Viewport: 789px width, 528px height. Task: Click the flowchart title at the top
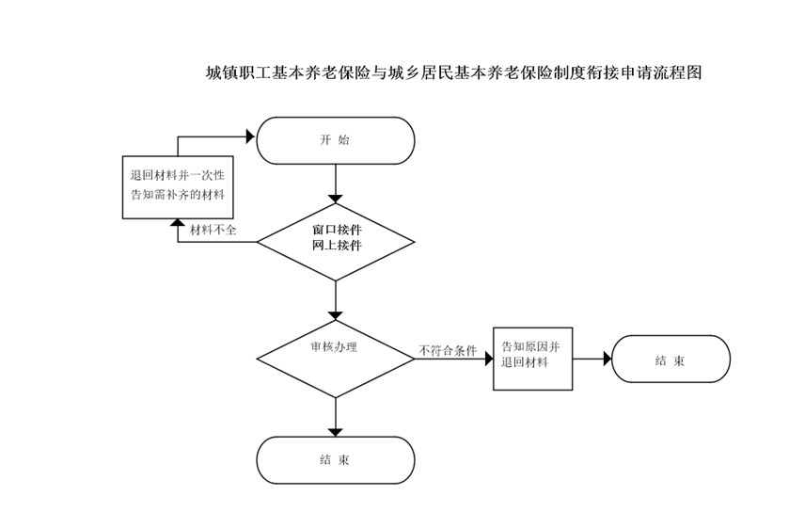click(454, 72)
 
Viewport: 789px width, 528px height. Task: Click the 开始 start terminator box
click(336, 139)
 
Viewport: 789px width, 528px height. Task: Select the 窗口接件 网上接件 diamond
click(336, 241)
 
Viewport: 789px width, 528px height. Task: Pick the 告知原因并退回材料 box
click(532, 358)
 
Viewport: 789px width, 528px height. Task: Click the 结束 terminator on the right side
click(670, 359)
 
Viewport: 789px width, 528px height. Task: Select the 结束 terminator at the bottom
click(336, 460)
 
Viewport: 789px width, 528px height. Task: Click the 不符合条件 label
click(448, 351)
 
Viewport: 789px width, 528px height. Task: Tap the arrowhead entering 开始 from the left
click(251, 136)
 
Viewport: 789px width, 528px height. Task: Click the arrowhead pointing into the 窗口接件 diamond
click(336, 198)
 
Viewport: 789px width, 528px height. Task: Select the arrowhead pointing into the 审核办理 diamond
click(336, 315)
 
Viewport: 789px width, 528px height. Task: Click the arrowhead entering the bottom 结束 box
click(336, 431)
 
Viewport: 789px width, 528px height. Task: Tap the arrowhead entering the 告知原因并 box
click(488, 359)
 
